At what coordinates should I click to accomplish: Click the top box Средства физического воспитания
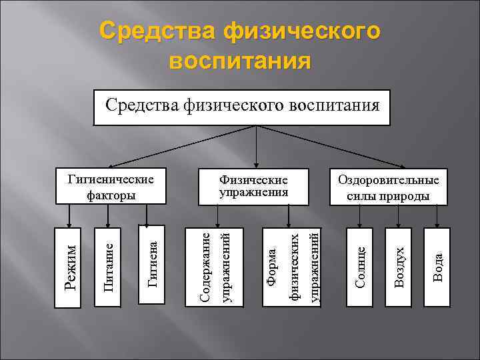pyautogui.click(x=242, y=105)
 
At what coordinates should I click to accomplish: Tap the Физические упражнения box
pyautogui.click(x=254, y=186)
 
